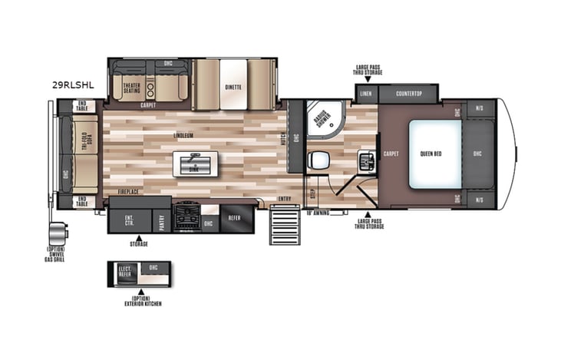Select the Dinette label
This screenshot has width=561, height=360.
[x=233, y=88]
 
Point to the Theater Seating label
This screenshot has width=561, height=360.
[x=131, y=88]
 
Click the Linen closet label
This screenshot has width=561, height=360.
[x=366, y=94]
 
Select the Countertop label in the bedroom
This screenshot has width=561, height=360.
[x=408, y=94]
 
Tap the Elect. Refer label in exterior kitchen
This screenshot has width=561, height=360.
[x=124, y=271]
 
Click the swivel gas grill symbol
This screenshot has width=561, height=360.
[x=57, y=232]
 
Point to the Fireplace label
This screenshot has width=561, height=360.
[x=128, y=190]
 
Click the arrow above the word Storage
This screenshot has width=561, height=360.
[x=138, y=237]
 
